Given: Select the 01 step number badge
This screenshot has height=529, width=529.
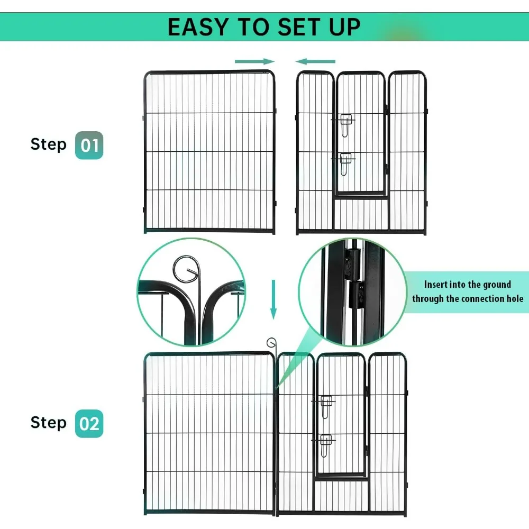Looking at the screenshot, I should click(x=89, y=145).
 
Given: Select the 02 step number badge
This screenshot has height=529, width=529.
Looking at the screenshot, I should click(x=89, y=423).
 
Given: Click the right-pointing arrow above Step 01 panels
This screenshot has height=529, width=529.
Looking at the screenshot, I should click(x=254, y=61).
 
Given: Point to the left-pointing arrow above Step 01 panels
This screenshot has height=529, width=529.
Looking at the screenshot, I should click(x=315, y=61).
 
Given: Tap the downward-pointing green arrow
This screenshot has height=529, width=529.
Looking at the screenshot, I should click(x=273, y=299).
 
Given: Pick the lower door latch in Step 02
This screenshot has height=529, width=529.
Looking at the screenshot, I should click(x=325, y=444).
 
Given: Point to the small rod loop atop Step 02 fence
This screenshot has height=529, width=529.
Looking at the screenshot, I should click(x=271, y=342).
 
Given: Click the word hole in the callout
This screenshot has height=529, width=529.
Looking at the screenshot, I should click(x=513, y=298).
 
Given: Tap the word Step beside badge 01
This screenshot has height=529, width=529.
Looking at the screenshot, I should click(x=49, y=144).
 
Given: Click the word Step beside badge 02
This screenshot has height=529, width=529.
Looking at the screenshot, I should click(x=49, y=423).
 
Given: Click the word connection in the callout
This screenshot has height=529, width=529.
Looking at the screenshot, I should click(x=473, y=298).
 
